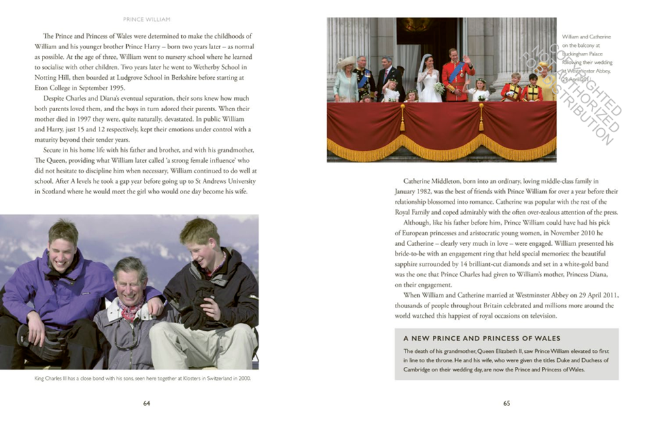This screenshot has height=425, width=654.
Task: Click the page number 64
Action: coord(146,403)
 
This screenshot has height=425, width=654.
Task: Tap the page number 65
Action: coord(506,403)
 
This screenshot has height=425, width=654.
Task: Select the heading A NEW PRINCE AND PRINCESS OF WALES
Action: coord(482,338)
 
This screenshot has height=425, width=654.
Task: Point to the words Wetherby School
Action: coord(222,67)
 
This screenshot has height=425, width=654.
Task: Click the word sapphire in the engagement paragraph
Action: coord(411,264)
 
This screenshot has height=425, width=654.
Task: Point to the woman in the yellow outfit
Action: coord(547,81)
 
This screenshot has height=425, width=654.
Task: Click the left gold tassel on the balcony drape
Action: coord(402,118)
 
